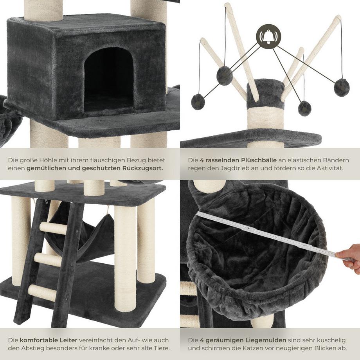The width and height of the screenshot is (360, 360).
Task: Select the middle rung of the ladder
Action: (48, 259)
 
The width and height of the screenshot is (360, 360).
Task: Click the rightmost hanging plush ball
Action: (341, 87)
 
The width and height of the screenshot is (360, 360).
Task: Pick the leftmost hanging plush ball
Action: (198, 102)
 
